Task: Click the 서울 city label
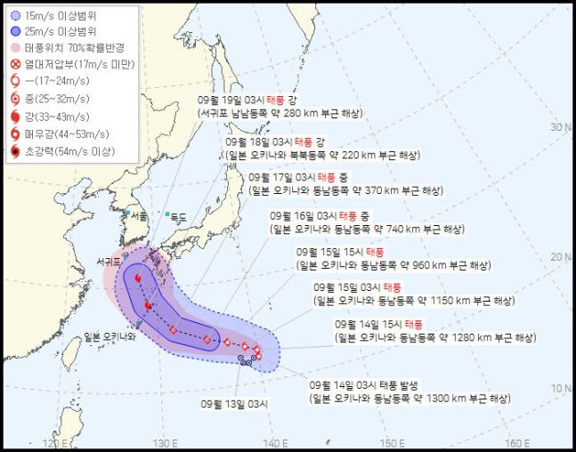[x=139, y=216]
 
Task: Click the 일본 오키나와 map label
[x=110, y=336]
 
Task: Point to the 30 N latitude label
[x=560, y=127]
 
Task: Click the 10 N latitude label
[x=560, y=388]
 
